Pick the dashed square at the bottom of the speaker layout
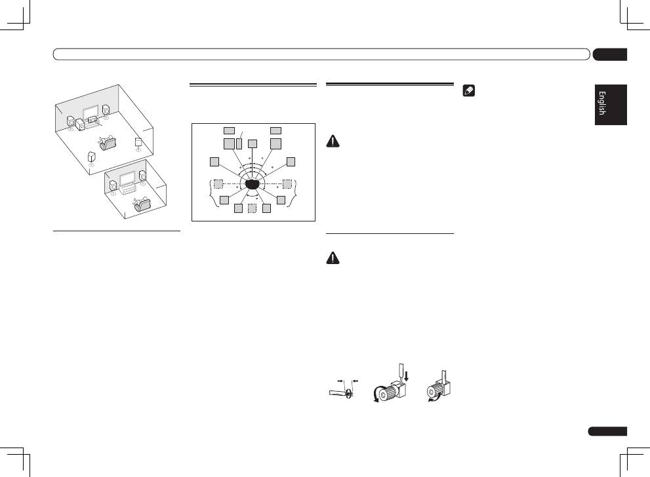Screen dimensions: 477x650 click(x=253, y=208)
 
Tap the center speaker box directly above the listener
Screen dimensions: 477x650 click(x=253, y=143)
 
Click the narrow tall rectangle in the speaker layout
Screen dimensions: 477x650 click(x=239, y=142)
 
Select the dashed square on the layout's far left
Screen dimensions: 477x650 click(x=218, y=183)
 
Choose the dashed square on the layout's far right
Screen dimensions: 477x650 click(x=287, y=183)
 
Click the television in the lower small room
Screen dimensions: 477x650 click(x=128, y=176)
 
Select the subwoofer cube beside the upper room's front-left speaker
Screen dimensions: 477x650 click(x=81, y=124)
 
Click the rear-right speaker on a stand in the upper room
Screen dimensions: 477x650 click(x=138, y=144)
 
